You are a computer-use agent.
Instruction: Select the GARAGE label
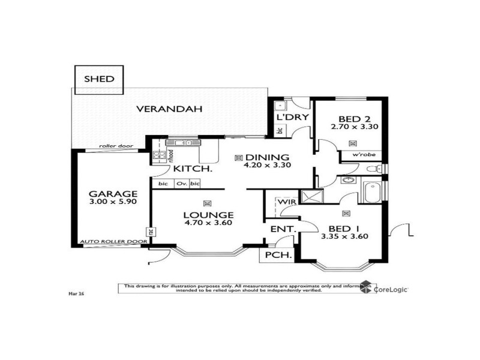pyautogui.click(x=113, y=194)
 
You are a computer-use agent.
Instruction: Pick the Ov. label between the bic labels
pyautogui.click(x=182, y=184)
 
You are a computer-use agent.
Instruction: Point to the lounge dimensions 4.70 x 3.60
pyautogui.click(x=208, y=223)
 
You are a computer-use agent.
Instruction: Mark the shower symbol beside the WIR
pyautogui.click(x=311, y=196)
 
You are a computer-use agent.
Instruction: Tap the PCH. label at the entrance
pyautogui.click(x=280, y=256)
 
